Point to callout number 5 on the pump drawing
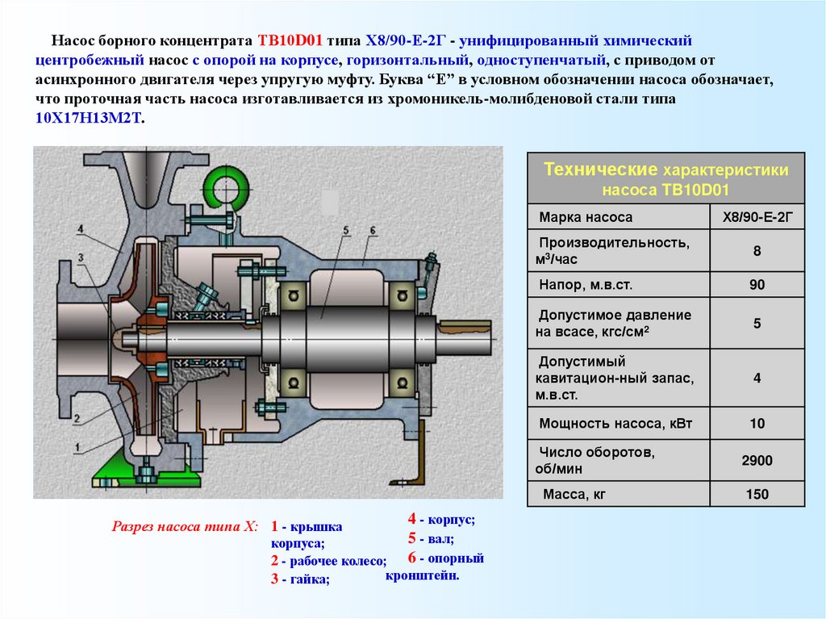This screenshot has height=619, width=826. click(345, 232)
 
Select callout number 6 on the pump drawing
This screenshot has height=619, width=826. click(373, 232)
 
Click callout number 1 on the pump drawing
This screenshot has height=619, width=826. click(76, 446)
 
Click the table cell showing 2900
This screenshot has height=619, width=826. click(757, 461)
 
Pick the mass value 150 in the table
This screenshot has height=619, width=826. click(757, 494)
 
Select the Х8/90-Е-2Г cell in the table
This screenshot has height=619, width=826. click(757, 217)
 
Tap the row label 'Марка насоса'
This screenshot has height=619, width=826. click(586, 217)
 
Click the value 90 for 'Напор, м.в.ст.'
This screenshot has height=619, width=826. click(757, 285)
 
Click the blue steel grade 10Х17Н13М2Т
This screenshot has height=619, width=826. click(89, 118)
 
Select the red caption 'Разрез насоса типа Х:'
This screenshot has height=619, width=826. click(185, 526)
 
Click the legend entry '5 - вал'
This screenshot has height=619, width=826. click(430, 538)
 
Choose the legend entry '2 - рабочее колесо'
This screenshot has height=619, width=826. click(328, 561)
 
